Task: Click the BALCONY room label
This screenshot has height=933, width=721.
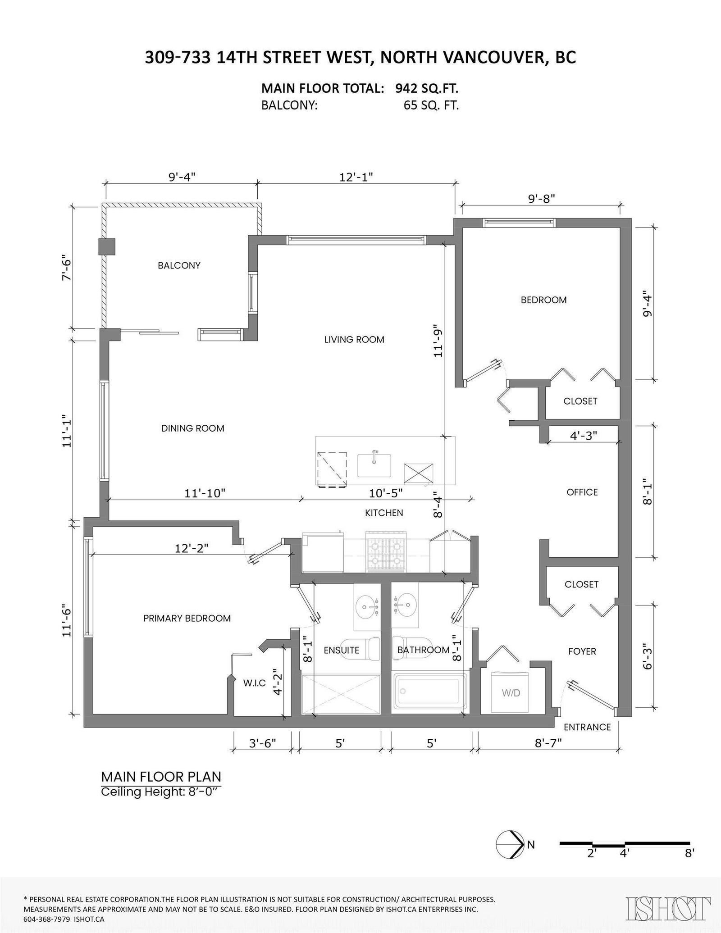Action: [x=179, y=265]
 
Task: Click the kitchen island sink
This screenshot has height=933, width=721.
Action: [x=374, y=465]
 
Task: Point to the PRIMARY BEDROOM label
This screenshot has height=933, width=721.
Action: [x=187, y=619]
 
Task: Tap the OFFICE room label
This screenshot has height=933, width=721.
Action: [x=582, y=492]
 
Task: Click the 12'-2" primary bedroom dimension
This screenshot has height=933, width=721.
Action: [x=192, y=548]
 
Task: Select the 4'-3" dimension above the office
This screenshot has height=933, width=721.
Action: [x=584, y=435]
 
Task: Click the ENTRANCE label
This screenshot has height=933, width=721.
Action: [x=587, y=727]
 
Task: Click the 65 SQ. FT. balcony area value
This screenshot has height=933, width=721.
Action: [x=431, y=106]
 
